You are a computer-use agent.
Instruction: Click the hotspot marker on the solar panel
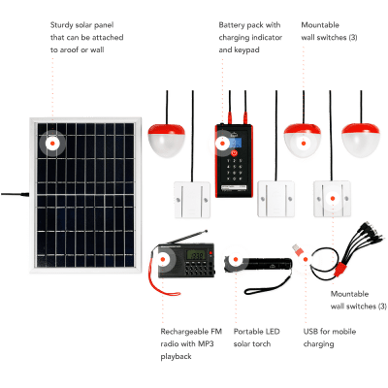(x=52, y=143)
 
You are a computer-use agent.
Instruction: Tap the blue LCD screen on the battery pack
(x=235, y=142)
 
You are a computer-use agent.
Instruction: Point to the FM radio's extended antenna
(x=188, y=237)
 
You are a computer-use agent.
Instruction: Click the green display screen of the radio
(x=196, y=255)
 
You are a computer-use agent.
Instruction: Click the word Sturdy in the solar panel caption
(x=60, y=25)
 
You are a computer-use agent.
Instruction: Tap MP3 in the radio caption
(x=206, y=343)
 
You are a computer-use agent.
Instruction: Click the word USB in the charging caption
(x=310, y=332)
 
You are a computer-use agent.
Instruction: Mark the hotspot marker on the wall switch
(x=333, y=198)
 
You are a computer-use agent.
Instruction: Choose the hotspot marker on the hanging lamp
(x=304, y=144)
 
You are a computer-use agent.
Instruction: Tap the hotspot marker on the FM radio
(x=163, y=259)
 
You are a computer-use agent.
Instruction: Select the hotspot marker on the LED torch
(x=236, y=259)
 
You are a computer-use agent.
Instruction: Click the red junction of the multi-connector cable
(x=339, y=269)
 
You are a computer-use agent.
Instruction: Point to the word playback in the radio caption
(x=176, y=357)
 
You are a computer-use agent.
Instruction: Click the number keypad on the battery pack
(x=235, y=170)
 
